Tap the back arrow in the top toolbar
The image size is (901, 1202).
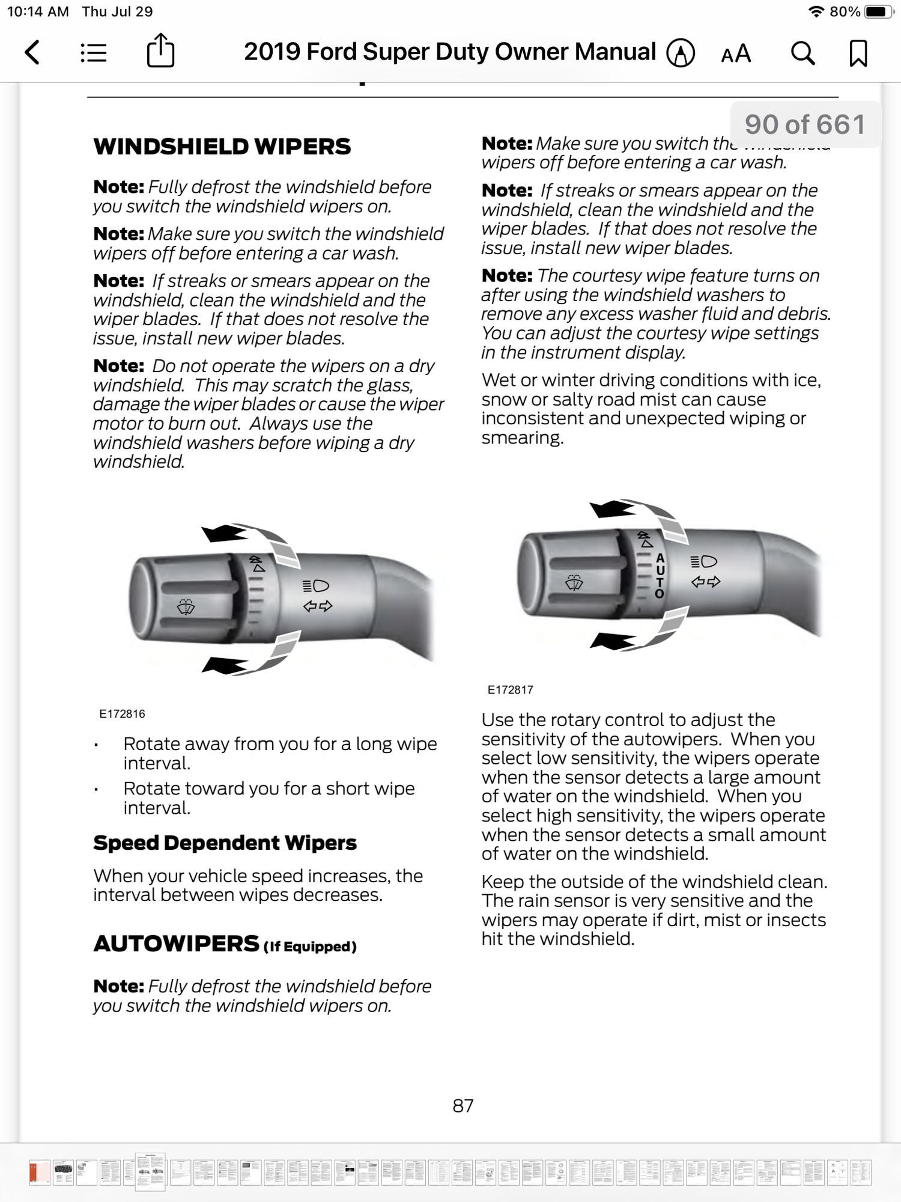(x=32, y=53)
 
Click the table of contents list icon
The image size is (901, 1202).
(x=94, y=53)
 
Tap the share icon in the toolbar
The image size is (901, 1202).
(x=160, y=51)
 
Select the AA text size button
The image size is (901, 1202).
(x=736, y=53)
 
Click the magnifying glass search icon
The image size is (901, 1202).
(x=802, y=53)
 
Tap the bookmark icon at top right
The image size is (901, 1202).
(x=858, y=53)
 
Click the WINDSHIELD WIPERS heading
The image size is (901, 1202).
(x=222, y=147)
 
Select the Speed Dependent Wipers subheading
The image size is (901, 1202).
(x=225, y=843)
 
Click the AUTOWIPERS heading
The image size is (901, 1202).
(x=177, y=944)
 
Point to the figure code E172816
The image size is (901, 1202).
(x=122, y=714)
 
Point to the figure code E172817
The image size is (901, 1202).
(x=510, y=690)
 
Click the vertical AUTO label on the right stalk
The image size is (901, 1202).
(x=660, y=576)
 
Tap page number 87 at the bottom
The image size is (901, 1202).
(x=463, y=1106)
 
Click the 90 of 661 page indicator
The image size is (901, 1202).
(x=805, y=124)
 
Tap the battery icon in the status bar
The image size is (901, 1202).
(x=878, y=11)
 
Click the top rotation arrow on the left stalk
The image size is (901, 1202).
(x=225, y=532)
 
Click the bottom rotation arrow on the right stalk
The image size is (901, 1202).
(x=613, y=641)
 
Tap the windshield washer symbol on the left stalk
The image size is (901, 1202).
(x=186, y=607)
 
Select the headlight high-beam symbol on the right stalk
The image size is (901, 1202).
(x=704, y=561)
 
